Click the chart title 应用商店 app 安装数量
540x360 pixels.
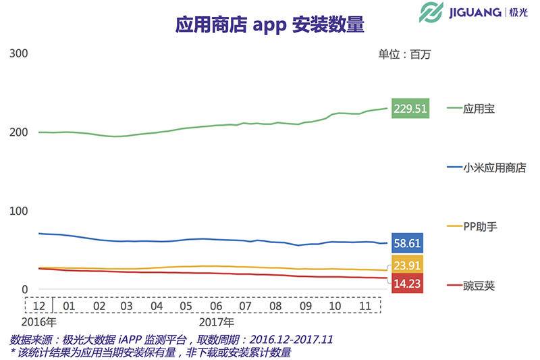point(269,26)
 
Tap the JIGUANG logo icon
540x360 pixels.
point(431,13)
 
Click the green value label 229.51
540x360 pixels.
point(411,109)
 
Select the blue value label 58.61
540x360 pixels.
point(406,242)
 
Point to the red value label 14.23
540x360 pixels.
point(406,284)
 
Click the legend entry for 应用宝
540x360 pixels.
point(479,109)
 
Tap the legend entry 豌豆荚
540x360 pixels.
point(479,286)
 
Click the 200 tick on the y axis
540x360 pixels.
point(18,132)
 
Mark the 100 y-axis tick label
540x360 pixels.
point(18,211)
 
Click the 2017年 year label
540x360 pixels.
point(216,322)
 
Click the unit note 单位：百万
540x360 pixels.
point(404,55)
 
